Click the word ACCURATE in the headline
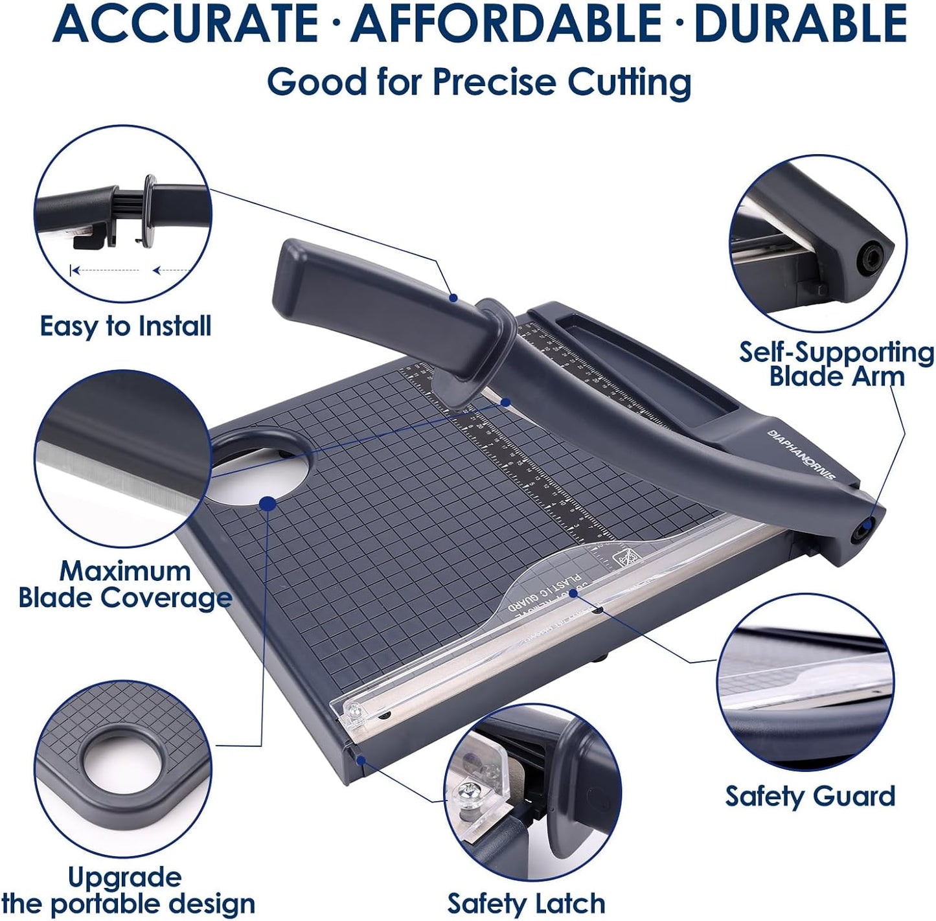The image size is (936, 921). (186, 23)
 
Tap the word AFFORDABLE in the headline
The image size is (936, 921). (507, 23)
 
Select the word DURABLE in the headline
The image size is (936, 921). (799, 23)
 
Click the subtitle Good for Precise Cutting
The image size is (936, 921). (479, 82)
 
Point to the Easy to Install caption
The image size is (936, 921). (126, 326)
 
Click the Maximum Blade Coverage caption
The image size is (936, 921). (125, 585)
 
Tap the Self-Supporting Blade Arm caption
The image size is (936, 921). (836, 364)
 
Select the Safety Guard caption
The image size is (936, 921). (810, 796)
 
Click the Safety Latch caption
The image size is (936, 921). (526, 903)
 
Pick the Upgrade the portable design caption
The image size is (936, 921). (128, 891)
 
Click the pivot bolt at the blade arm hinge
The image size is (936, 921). (860, 532)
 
